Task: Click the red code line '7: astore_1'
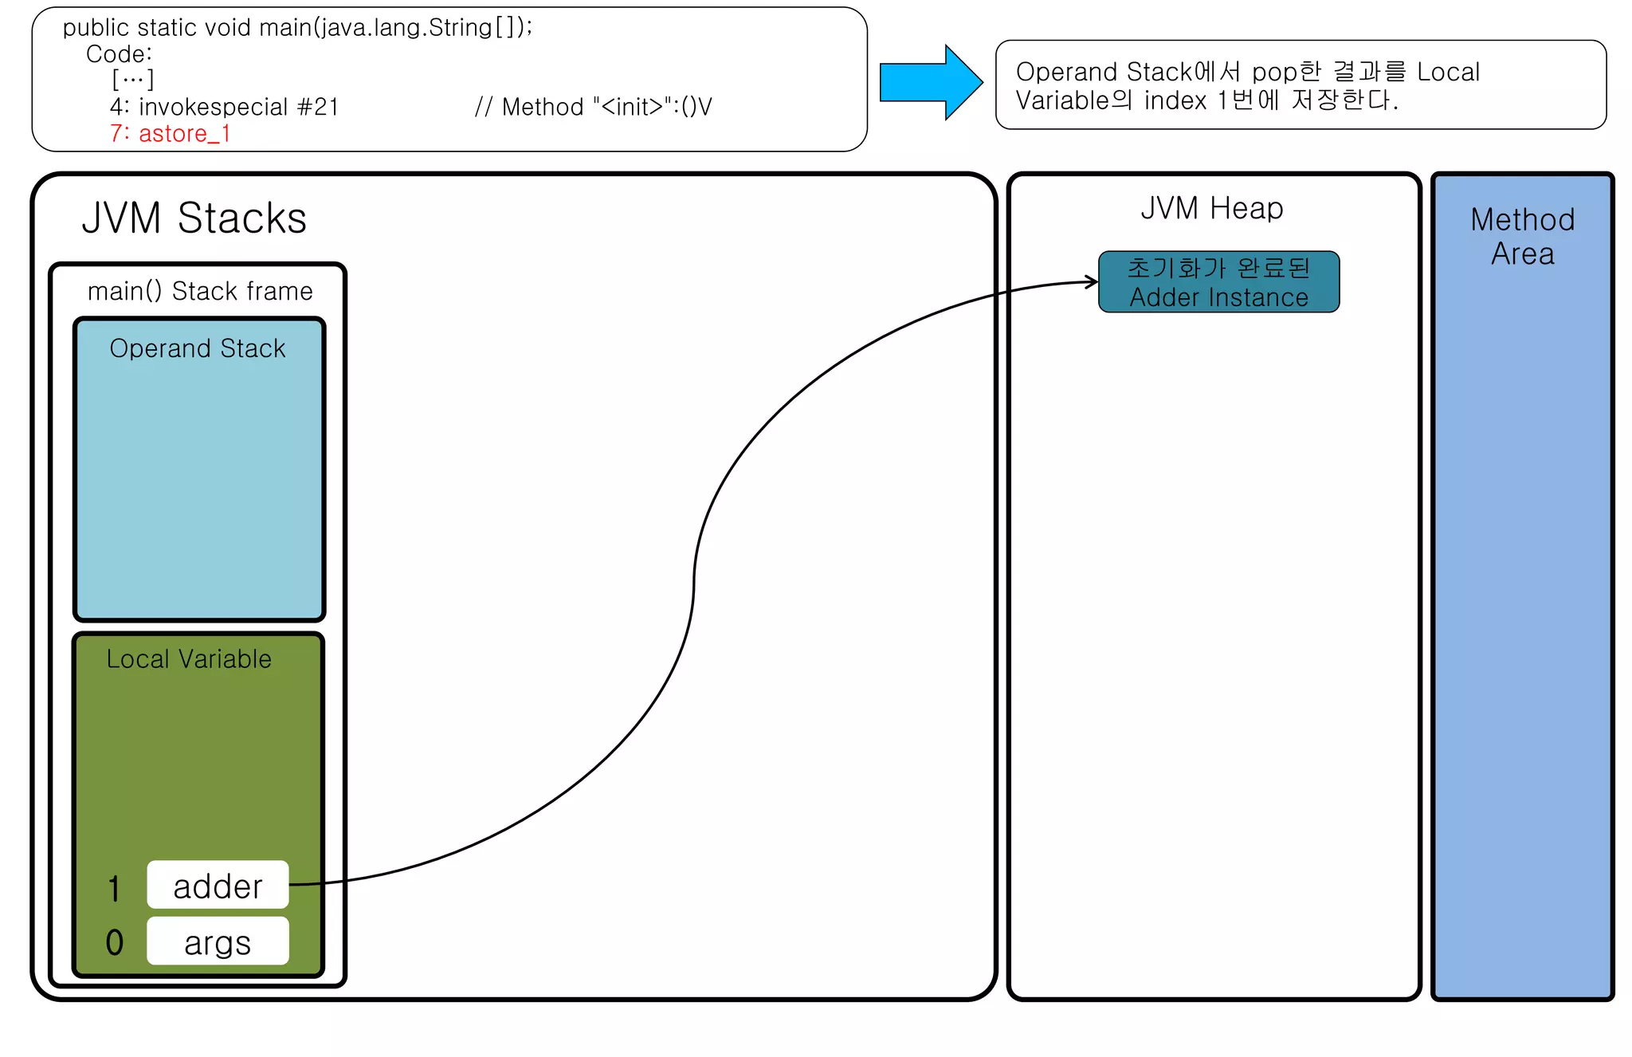pos(170,134)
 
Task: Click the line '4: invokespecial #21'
pos(224,107)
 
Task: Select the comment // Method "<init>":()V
pos(592,107)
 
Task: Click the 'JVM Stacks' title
pos(194,218)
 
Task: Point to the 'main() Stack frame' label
pos(200,291)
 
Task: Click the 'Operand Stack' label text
pos(197,348)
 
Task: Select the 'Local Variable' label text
pos(189,659)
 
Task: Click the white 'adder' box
pos(218,885)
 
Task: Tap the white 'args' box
pos(218,941)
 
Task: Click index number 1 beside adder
pos(115,888)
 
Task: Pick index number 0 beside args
pos(115,942)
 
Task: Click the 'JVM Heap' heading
pos(1211,209)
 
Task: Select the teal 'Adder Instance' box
pos(1218,282)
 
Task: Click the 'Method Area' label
pos(1522,236)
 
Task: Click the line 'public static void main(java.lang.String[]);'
pos(297,28)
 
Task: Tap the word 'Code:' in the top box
pos(119,54)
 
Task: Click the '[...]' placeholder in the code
pos(133,80)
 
